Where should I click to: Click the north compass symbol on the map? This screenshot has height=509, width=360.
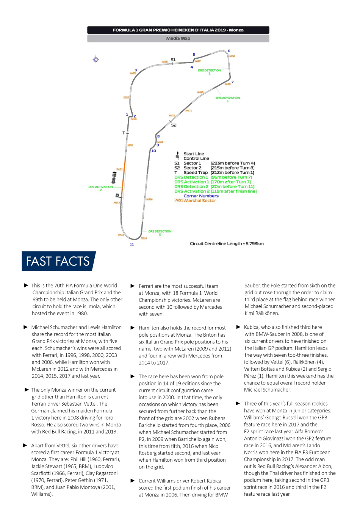[x=96, y=59]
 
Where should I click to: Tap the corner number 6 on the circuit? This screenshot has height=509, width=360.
[x=229, y=51]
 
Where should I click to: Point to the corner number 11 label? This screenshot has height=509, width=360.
[x=132, y=244]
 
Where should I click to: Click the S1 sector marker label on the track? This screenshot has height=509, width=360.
[x=173, y=60]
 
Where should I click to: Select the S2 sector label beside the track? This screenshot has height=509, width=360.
[x=174, y=125]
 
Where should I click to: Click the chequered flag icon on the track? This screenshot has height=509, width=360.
[x=117, y=195]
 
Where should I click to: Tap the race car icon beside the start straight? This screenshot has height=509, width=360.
[x=114, y=177]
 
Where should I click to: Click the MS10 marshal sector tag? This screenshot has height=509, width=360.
[x=200, y=92]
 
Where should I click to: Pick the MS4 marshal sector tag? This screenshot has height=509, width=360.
[x=126, y=97]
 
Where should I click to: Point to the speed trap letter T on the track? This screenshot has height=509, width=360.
[x=124, y=133]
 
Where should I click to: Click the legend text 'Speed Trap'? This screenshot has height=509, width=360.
[x=196, y=173]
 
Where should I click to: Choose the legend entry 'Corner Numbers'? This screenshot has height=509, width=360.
[x=201, y=196]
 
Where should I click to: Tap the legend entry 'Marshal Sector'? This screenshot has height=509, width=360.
[x=200, y=201]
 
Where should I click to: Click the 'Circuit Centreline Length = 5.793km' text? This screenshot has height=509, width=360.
[x=227, y=244]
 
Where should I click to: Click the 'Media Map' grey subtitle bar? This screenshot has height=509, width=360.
[x=178, y=38]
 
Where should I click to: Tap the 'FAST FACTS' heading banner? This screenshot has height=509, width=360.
[x=58, y=261]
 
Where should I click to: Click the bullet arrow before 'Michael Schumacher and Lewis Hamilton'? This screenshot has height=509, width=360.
[x=26, y=327]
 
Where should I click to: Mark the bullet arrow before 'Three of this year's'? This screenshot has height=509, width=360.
[x=238, y=404]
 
